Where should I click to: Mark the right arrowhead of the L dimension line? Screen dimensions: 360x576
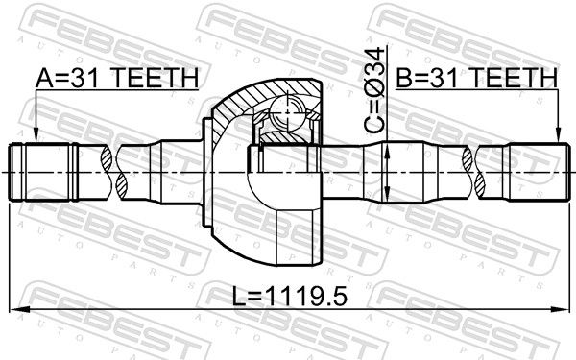click(x=560, y=310)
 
